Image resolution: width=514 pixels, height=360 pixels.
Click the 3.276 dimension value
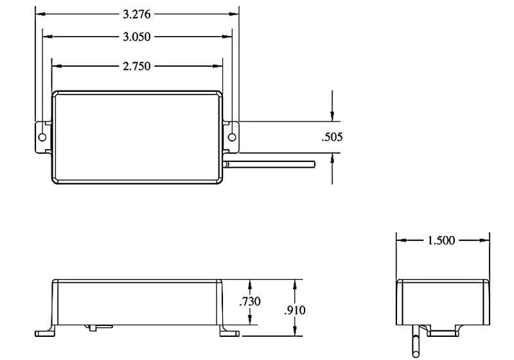tap(137, 14)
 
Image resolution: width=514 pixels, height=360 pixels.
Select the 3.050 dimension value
tap(137, 37)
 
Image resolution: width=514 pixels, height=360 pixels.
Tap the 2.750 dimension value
tap(137, 66)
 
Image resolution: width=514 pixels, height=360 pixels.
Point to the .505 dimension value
tap(332, 137)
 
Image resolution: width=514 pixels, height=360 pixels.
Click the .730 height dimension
tap(250, 301)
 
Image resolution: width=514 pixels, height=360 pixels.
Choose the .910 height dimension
tap(295, 310)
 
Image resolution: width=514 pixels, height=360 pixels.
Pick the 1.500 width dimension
tap(441, 240)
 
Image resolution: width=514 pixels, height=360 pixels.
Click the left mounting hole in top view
tap(42, 137)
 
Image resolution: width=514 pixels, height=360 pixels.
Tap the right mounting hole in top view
tap(232, 137)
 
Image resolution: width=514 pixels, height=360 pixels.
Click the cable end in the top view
tap(314, 165)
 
